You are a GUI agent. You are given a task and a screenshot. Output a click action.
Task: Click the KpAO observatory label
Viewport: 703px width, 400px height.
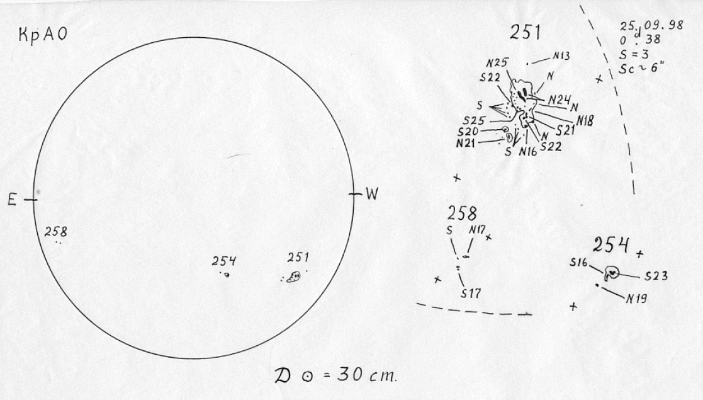[x=43, y=35]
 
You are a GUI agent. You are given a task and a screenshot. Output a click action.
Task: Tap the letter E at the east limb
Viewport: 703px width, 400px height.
[x=12, y=200]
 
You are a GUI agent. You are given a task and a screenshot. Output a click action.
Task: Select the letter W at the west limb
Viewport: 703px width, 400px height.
[x=372, y=194]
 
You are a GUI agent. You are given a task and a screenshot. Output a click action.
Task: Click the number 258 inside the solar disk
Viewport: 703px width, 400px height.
[x=56, y=232]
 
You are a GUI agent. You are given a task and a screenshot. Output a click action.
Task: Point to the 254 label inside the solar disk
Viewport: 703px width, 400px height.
[x=224, y=261]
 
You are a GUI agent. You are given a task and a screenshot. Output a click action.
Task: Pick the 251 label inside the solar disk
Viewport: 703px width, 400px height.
[x=298, y=257]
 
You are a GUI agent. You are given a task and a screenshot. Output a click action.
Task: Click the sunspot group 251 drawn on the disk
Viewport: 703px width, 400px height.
[x=294, y=277]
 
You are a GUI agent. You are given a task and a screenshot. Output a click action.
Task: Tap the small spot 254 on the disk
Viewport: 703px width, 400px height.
[x=227, y=275]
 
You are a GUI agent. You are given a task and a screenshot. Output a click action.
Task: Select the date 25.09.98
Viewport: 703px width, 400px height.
[x=651, y=25]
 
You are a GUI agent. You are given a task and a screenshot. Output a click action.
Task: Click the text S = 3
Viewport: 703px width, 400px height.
[x=634, y=55]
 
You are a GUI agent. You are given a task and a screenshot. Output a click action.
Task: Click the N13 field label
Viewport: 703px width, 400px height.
[x=561, y=55]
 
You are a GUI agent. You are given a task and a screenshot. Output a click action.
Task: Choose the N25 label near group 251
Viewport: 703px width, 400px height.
[x=497, y=63]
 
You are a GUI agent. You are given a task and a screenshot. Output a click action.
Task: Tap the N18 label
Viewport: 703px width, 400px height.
[x=585, y=120]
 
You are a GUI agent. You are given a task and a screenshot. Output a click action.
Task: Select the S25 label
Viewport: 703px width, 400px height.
[x=475, y=121]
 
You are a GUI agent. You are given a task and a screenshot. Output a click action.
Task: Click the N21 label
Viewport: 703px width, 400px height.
[x=466, y=144]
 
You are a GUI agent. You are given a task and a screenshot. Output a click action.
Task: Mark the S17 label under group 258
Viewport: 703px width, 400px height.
[x=471, y=294]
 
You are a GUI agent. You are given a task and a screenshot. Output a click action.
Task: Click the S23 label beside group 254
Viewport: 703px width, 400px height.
[x=656, y=276]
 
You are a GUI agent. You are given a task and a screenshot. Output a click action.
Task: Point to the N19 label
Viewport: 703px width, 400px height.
[x=636, y=298]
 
